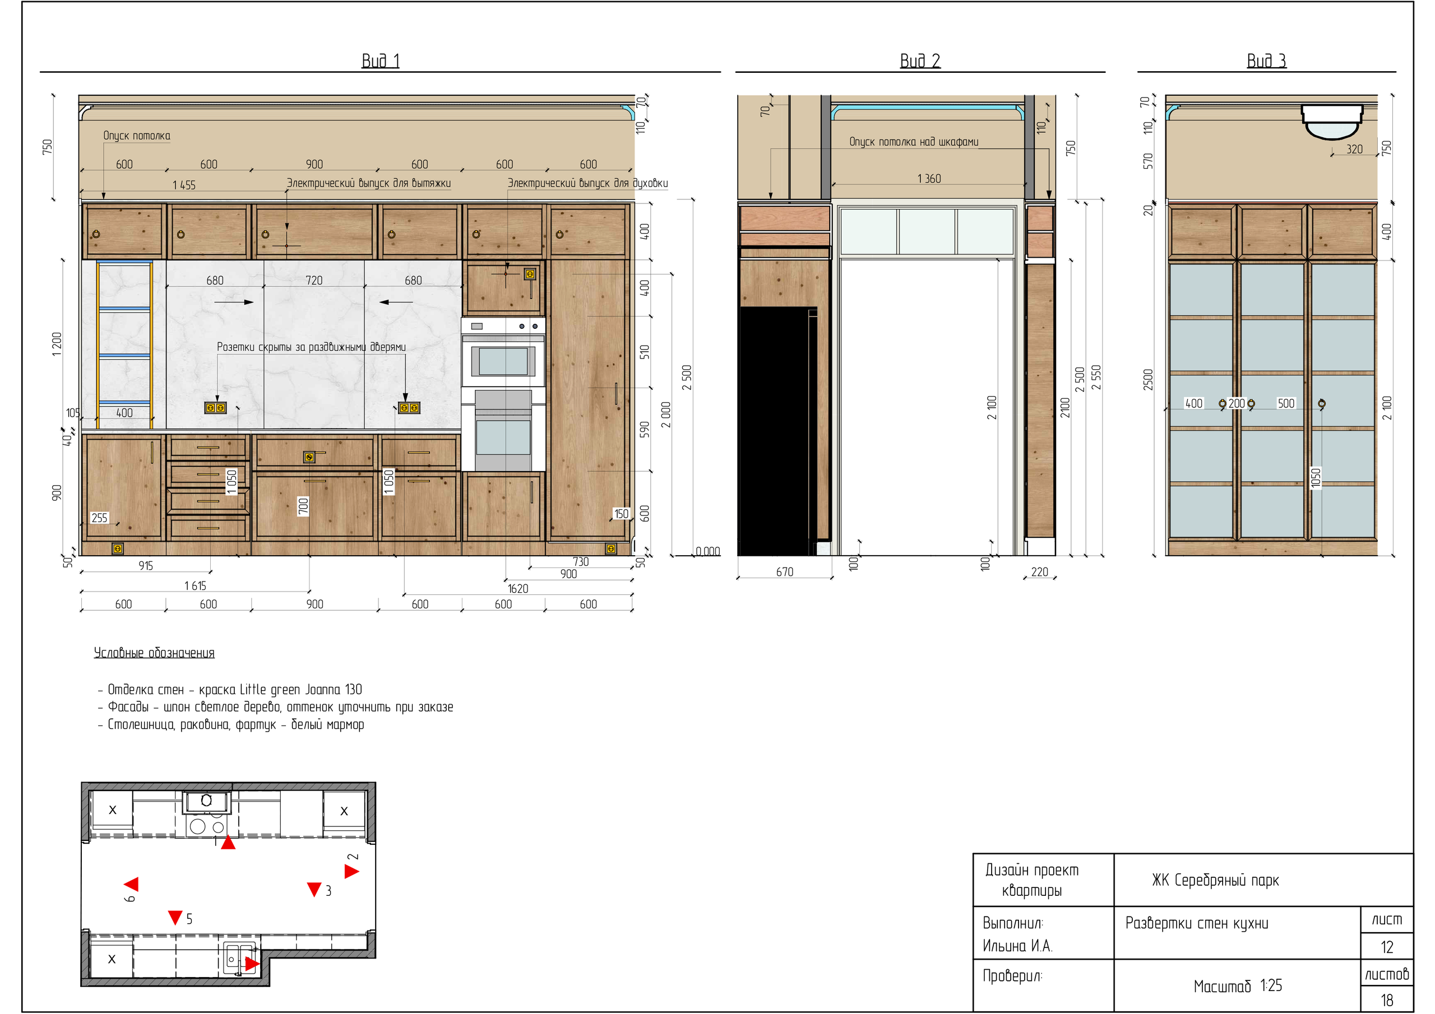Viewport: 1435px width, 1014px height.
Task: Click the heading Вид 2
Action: click(x=919, y=61)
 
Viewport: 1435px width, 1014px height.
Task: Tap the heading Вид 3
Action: click(x=1266, y=61)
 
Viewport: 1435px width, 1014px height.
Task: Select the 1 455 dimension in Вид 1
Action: click(x=184, y=185)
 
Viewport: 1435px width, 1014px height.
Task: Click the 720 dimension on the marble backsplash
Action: click(x=314, y=281)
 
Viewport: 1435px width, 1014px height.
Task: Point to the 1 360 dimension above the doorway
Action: click(x=929, y=179)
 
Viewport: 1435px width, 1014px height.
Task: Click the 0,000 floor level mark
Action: click(x=707, y=551)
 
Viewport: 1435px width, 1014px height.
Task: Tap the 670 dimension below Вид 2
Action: click(x=784, y=571)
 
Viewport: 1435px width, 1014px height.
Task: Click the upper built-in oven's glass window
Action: click(x=503, y=361)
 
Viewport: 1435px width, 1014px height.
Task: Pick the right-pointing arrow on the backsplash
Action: click(x=234, y=303)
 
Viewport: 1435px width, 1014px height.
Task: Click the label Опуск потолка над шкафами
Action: click(x=913, y=142)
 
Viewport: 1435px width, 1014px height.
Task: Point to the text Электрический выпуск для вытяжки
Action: click(x=369, y=183)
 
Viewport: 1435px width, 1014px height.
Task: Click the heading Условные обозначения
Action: click(x=154, y=653)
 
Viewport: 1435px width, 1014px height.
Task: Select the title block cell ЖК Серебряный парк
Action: click(x=1215, y=880)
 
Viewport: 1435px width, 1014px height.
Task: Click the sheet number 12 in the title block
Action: click(x=1387, y=947)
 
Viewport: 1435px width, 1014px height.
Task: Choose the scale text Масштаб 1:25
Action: click(x=1238, y=986)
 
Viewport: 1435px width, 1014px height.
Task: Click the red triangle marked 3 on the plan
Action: click(x=314, y=889)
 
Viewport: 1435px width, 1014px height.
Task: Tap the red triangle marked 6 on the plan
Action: click(x=131, y=884)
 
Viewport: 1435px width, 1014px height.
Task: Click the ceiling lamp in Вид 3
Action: click(x=1331, y=120)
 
